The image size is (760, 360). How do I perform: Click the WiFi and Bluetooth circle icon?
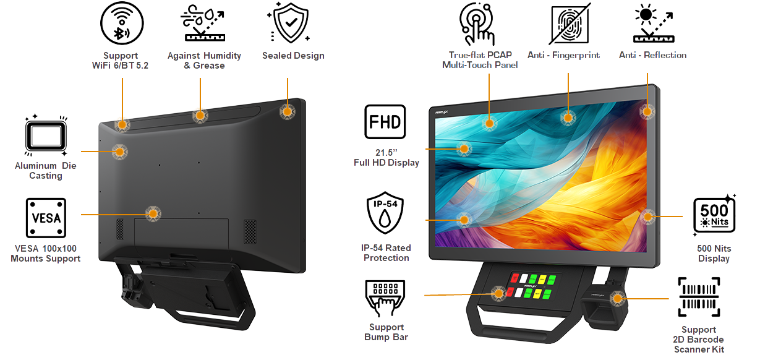tap(122, 23)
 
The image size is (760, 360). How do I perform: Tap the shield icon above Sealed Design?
tap(291, 22)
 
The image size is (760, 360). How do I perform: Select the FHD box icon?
tap(385, 121)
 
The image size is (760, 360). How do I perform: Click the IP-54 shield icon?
tap(385, 212)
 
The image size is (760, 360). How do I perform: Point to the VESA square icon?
tap(46, 218)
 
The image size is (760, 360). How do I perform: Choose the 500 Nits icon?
tap(714, 215)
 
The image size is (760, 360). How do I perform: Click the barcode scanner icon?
tap(699, 297)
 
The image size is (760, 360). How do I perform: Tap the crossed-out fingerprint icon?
tap(570, 24)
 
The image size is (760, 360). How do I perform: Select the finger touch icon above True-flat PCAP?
tap(477, 24)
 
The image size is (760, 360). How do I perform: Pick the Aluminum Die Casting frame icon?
tap(46, 135)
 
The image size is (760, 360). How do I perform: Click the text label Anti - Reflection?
tap(652, 55)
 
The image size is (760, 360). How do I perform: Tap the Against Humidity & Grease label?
tap(204, 61)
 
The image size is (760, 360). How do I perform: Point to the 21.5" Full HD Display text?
tap(386, 158)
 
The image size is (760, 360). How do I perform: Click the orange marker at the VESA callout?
tap(153, 214)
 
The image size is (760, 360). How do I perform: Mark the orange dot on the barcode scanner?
tap(618, 298)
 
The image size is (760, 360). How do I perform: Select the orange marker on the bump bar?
tap(498, 293)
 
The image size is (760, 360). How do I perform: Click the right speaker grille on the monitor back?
tap(250, 231)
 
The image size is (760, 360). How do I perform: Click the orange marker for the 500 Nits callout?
tap(647, 216)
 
